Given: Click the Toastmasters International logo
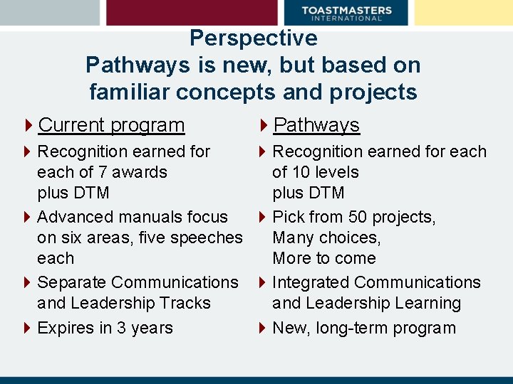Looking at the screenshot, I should click(346, 13).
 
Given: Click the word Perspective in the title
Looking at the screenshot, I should click(253, 38).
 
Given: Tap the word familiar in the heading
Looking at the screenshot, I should click(131, 92).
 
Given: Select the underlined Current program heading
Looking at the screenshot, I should click(111, 125).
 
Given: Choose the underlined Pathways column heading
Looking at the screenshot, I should click(316, 125).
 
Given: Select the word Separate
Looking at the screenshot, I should click(71, 282).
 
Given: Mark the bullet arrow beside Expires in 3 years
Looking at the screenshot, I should click(26, 328).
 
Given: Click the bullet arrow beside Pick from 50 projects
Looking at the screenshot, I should click(261, 217).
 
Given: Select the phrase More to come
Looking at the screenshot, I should click(324, 258).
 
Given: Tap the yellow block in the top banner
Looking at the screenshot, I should click(462, 13).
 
